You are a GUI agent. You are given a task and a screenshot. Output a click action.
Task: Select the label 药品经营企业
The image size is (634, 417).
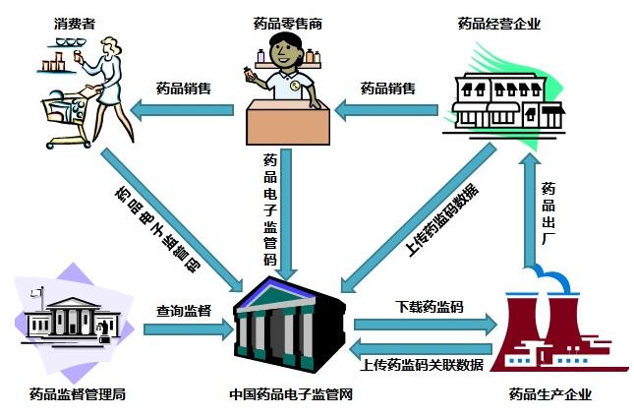click(500, 22)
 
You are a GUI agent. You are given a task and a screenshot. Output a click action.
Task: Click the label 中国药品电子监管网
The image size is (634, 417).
click(292, 395)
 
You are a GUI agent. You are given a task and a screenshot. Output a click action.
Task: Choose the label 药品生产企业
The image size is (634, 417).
click(550, 395)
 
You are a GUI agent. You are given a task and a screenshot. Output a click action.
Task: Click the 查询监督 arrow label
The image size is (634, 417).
click(184, 311)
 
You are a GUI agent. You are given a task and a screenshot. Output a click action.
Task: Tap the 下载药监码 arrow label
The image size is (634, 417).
click(429, 307)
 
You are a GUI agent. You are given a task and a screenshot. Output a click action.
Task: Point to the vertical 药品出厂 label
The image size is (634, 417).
click(548, 210)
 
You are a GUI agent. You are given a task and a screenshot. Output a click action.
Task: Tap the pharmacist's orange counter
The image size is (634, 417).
click(289, 124)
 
